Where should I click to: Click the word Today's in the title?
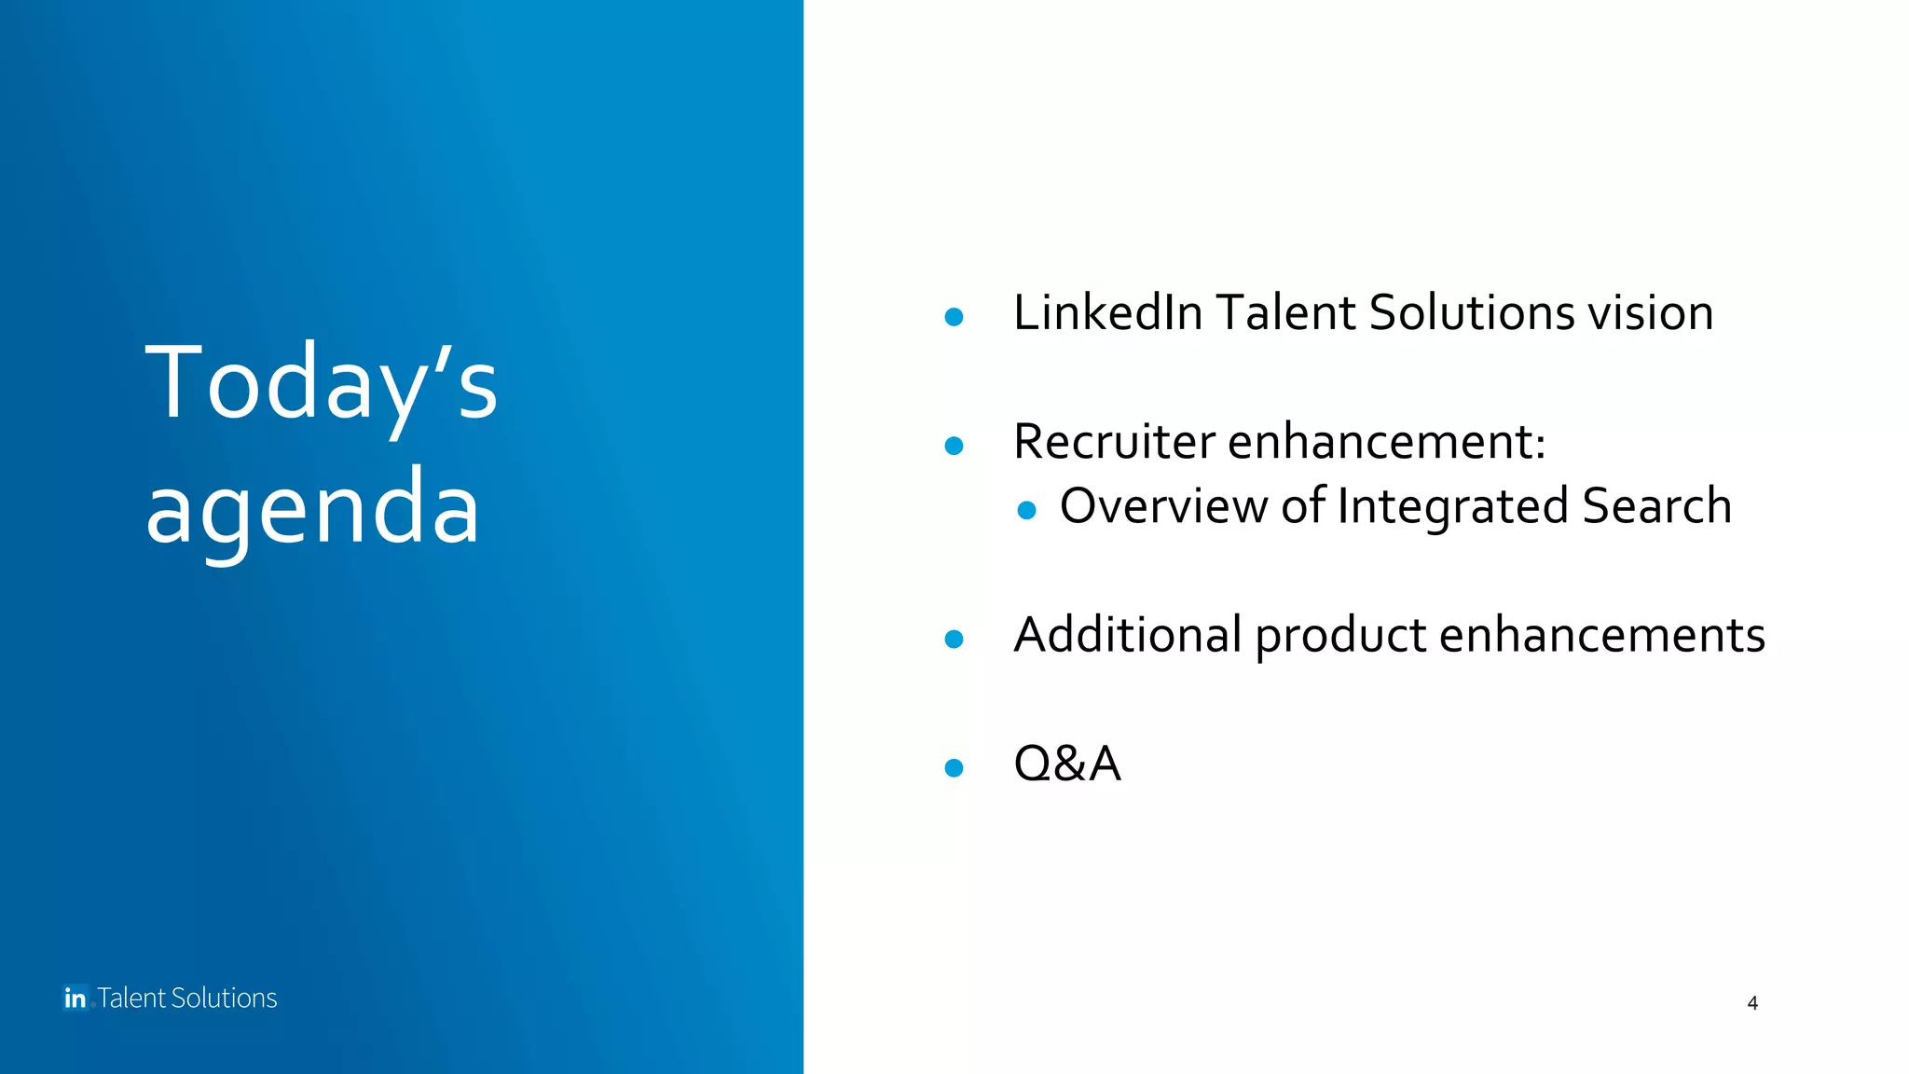(x=322, y=382)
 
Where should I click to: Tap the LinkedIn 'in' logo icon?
(x=76, y=998)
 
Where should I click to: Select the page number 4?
(x=1752, y=1003)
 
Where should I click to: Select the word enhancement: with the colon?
(x=1386, y=441)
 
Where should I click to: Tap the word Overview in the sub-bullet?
(x=1163, y=506)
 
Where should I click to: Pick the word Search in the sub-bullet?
(x=1656, y=506)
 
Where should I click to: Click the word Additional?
(x=1127, y=635)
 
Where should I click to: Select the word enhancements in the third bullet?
(x=1601, y=635)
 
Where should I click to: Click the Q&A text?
(x=1066, y=764)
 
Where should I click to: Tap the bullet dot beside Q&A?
(x=954, y=767)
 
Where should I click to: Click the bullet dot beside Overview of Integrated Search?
(x=1026, y=510)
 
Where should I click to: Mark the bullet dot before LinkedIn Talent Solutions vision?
(x=954, y=317)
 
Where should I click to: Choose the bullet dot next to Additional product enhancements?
(x=954, y=639)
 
